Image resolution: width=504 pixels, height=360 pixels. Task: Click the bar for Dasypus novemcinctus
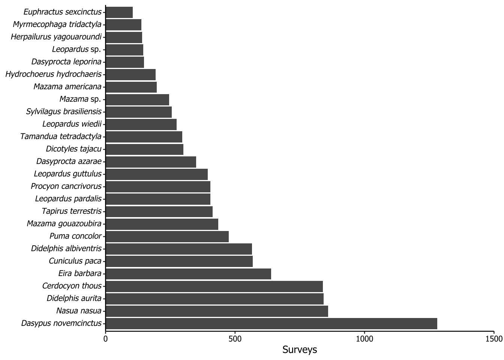271,324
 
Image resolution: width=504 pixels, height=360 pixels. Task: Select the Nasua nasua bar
217,311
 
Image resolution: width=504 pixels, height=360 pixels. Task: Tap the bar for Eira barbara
188,274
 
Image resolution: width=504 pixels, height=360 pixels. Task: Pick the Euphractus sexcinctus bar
119,12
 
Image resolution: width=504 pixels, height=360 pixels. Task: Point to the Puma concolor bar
167,236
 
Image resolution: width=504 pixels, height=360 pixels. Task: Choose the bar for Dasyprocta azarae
151,162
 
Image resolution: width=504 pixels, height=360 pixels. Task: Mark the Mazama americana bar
131,87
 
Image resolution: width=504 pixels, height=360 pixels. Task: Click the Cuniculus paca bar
179,261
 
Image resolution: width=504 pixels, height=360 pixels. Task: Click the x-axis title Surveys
300,350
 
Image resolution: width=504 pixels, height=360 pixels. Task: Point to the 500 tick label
235,339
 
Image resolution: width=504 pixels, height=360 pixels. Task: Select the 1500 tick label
494,339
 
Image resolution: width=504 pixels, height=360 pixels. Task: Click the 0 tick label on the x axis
105,339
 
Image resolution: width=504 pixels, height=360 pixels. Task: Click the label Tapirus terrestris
72,211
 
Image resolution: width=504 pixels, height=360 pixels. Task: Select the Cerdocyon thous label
72,286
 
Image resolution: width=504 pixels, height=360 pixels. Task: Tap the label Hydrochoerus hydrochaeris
54,74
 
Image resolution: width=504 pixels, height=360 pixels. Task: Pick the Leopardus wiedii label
72,124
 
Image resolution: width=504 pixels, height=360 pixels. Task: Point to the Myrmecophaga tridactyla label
57,24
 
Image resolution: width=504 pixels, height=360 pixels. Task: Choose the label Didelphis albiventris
66,249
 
